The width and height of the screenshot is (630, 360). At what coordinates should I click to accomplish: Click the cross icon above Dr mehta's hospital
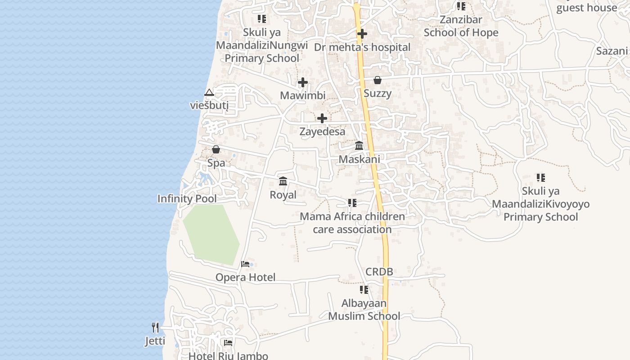(362, 34)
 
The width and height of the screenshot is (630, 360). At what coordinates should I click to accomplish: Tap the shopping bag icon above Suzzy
(378, 80)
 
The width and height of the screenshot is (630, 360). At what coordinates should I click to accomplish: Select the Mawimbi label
(302, 95)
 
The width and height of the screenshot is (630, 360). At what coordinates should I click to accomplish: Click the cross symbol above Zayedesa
(322, 118)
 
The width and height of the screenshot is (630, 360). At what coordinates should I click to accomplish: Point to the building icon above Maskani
(359, 146)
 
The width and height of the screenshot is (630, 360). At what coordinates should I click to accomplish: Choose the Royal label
(283, 195)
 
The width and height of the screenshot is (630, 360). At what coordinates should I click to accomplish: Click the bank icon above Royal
(283, 181)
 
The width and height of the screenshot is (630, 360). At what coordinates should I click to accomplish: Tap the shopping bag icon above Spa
(216, 149)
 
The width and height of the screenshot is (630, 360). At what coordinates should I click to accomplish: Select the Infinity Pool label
(187, 199)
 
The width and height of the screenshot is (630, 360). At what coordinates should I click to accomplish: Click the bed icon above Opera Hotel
(245, 264)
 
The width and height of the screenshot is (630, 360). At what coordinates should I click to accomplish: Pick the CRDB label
(379, 271)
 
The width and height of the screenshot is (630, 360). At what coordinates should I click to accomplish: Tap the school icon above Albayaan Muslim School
(364, 290)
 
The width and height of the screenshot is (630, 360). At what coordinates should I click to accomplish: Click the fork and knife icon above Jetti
(155, 328)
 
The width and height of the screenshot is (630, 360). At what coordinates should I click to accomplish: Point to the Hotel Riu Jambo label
(228, 355)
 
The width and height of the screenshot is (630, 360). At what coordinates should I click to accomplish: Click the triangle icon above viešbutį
(209, 92)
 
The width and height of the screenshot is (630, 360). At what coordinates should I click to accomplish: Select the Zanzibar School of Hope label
(461, 26)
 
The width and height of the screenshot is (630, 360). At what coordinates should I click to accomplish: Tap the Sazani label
(612, 51)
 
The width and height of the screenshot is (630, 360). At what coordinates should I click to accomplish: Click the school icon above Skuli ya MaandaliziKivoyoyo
(540, 178)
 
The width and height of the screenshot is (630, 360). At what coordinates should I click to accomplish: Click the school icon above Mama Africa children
(352, 203)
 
